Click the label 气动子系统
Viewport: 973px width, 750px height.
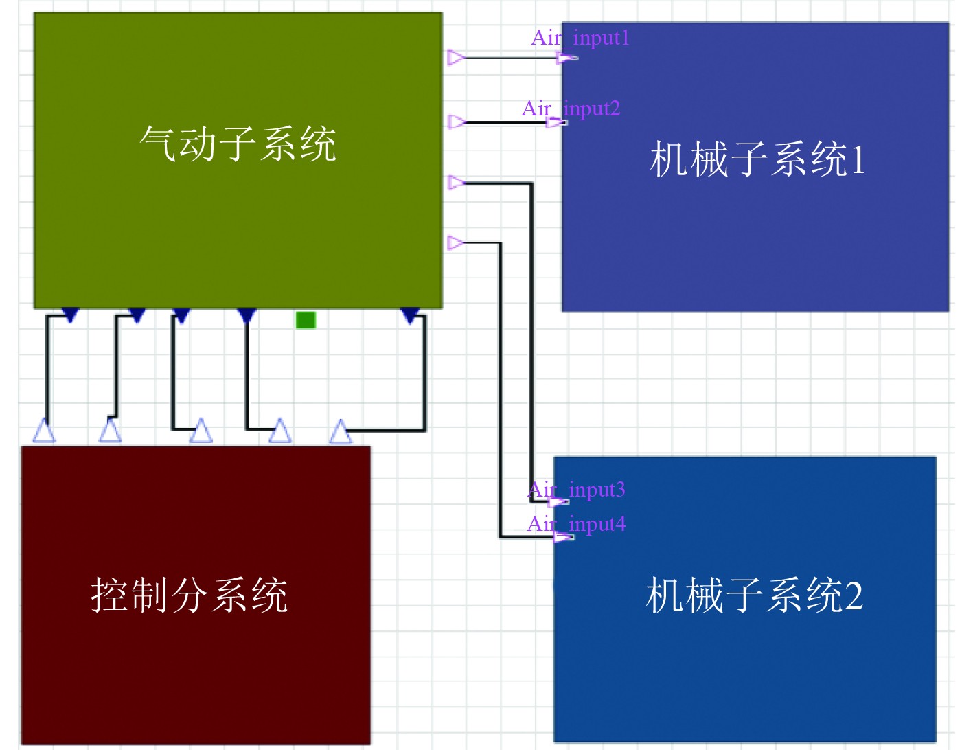[x=238, y=144]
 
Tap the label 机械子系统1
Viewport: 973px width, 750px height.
[x=757, y=159]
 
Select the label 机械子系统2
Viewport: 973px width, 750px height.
[x=754, y=595]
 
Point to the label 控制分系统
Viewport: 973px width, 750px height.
[x=190, y=595]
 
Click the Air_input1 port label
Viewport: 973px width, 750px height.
[x=580, y=38]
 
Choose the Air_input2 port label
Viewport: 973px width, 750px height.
[x=571, y=109]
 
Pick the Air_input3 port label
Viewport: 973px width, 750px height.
[x=576, y=490]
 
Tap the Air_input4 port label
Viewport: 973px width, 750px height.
[x=576, y=524]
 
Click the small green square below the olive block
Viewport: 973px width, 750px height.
[x=306, y=320]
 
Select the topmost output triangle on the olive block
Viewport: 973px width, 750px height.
[x=455, y=58]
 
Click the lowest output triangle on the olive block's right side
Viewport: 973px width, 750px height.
[x=455, y=242]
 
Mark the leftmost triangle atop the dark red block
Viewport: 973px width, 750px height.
[x=44, y=431]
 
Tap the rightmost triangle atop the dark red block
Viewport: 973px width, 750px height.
[x=341, y=431]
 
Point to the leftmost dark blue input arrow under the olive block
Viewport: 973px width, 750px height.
[x=70, y=315]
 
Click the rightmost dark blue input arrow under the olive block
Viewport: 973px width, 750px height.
[x=410, y=315]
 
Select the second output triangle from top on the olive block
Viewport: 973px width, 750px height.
[x=456, y=122]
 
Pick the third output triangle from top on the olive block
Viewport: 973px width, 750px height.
[x=456, y=183]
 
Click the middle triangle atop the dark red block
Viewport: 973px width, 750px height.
[x=201, y=431]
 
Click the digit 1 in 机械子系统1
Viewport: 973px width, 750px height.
[x=857, y=160]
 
